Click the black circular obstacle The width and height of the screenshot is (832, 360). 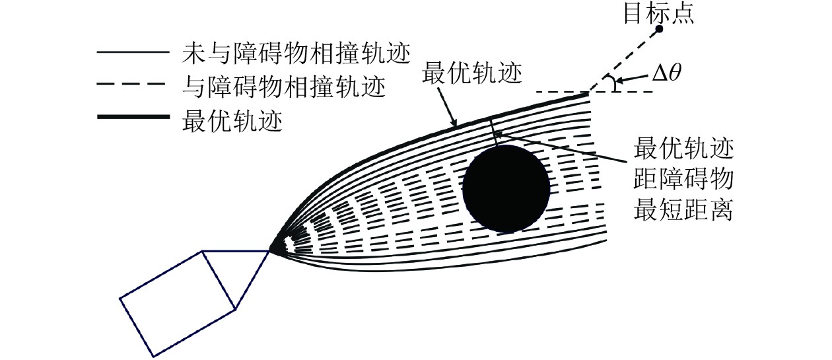click(x=506, y=188)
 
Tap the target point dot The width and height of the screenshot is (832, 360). click(x=658, y=30)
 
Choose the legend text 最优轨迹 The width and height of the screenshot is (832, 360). click(x=230, y=121)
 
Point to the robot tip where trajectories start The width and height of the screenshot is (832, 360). click(x=270, y=251)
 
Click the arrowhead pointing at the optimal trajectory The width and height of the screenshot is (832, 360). click(x=452, y=123)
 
